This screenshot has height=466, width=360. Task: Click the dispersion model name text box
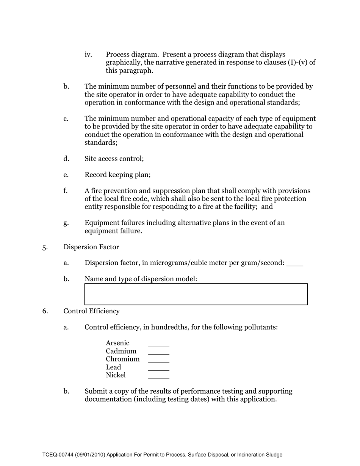click(196, 294)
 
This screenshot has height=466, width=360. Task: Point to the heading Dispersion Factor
click(91, 247)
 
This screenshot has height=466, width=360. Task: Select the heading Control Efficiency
click(91, 311)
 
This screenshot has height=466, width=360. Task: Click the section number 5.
click(45, 247)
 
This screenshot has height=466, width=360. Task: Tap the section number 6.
click(45, 311)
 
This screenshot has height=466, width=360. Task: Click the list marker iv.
click(88, 55)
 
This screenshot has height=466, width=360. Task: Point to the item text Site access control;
click(114, 159)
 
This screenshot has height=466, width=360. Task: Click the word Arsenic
click(117, 343)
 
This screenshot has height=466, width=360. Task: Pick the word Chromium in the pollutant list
click(122, 359)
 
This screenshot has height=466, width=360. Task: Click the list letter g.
click(66, 223)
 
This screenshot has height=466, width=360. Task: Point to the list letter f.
click(66, 191)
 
